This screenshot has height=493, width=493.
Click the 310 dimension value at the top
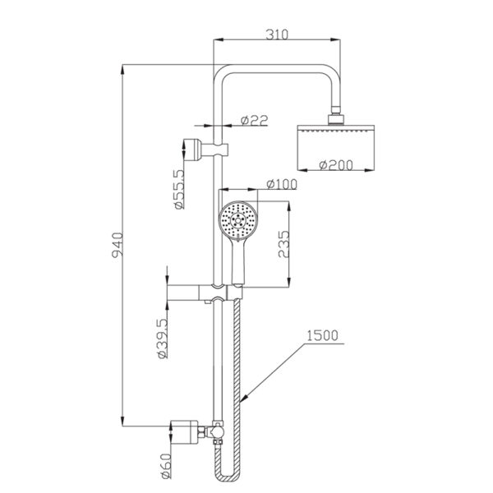[x=276, y=35]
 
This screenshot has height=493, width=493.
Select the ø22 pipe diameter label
[x=256, y=121]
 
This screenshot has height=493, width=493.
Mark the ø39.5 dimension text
[x=163, y=339]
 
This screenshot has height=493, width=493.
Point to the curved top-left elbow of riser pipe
[x=222, y=76]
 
